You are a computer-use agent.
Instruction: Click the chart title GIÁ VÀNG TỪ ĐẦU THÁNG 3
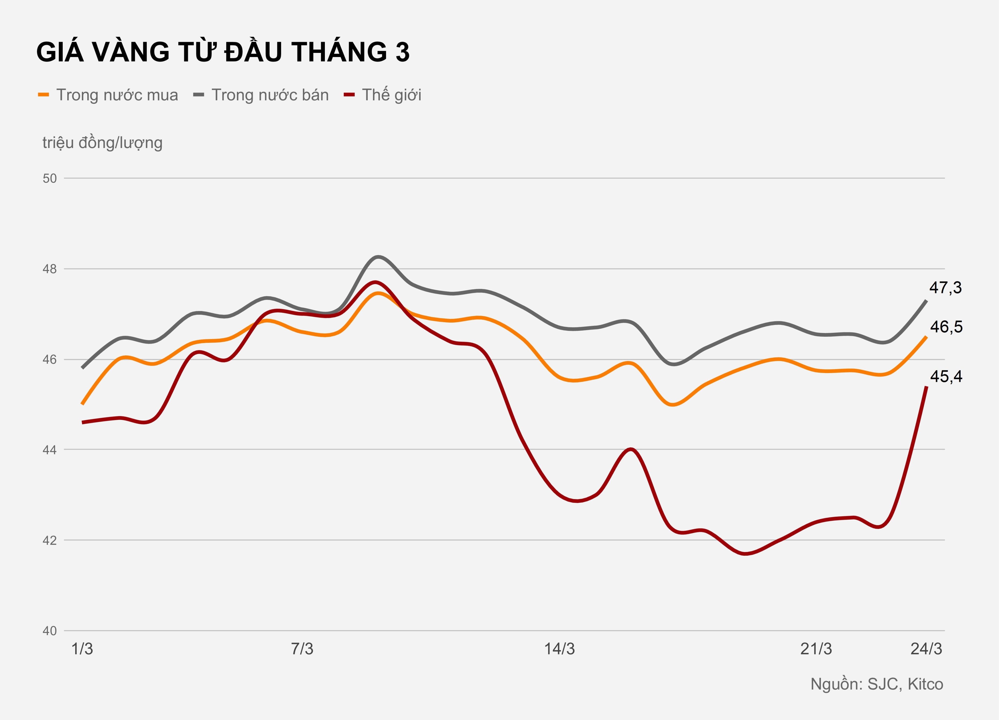tap(223, 52)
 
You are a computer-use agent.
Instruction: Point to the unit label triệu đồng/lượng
tap(102, 143)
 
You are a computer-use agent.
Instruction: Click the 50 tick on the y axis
tap(50, 178)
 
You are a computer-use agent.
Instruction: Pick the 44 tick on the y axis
tap(50, 450)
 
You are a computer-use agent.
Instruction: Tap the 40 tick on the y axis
tap(50, 631)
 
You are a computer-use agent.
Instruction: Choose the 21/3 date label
tap(816, 649)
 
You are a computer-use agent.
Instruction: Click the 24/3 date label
tap(926, 649)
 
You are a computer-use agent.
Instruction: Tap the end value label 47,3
tap(945, 287)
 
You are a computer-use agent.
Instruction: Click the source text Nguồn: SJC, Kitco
tap(877, 684)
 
